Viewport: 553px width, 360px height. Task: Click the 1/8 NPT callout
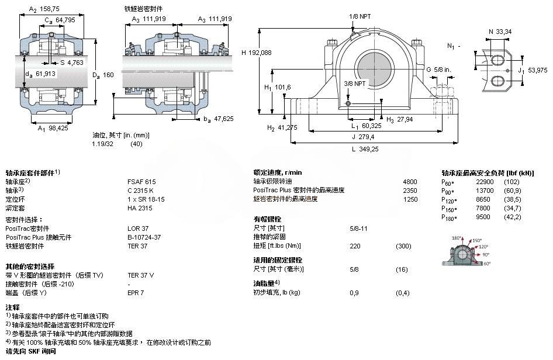[x=359, y=16]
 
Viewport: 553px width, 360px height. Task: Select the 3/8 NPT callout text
[x=355, y=84]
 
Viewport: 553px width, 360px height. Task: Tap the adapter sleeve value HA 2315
[x=139, y=207]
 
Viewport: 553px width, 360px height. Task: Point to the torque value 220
[x=355, y=245]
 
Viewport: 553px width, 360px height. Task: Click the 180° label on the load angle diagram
[x=457, y=238]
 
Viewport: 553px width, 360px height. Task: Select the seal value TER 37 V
[x=141, y=274]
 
